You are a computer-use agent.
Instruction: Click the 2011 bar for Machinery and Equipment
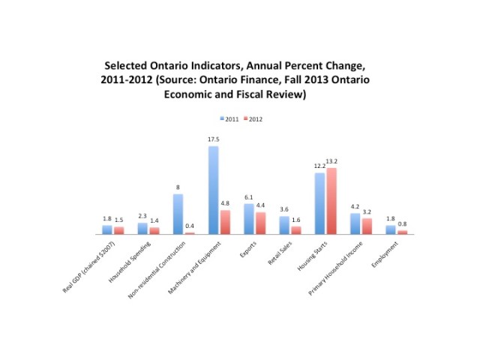point(213,190)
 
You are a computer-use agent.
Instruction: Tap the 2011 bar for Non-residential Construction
point(178,214)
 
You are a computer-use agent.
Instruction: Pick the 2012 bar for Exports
point(260,223)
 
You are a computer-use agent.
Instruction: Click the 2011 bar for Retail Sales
point(283,225)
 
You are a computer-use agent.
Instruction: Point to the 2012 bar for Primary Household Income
point(367,226)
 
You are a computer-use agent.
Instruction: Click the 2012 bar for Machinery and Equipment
point(225,222)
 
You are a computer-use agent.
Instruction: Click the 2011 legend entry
point(229,118)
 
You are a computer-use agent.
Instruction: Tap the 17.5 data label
point(213,139)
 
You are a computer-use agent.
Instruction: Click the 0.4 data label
point(190,226)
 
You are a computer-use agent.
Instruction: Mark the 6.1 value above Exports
point(248,197)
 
